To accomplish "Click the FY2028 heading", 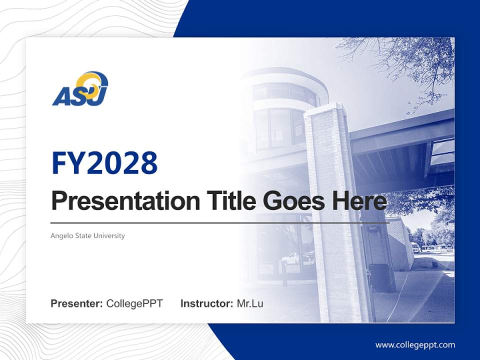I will pos(104,163).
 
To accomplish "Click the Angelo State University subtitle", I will pos(87,235).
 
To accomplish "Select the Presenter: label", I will pos(77,303).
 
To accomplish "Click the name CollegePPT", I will pos(134,303).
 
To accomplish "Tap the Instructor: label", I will pos(206,303).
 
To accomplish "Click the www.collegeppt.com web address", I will pos(415,344).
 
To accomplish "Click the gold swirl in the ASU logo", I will pos(95,81).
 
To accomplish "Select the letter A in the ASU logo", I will pos(61,96).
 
